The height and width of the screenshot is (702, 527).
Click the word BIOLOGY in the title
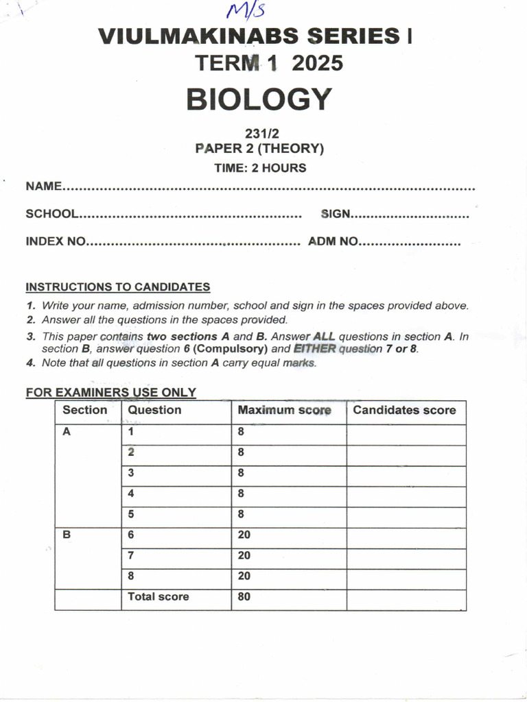pos(259,99)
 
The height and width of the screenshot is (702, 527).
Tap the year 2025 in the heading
pos(317,64)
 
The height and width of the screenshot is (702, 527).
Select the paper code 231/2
pos(259,135)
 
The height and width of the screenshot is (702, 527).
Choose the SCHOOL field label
pos(52,214)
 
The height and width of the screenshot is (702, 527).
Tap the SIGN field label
pos(336,214)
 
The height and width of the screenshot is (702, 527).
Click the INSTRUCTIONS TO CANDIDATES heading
pos(117,287)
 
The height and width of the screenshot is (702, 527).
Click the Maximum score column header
pos(284,411)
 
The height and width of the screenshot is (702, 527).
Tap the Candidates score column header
pos(403,411)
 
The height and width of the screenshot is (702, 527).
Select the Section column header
pos(84,410)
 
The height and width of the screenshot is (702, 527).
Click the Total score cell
pos(158,596)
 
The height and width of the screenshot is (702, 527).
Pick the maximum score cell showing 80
pos(244,596)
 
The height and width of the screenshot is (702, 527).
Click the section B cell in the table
pos(67,535)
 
